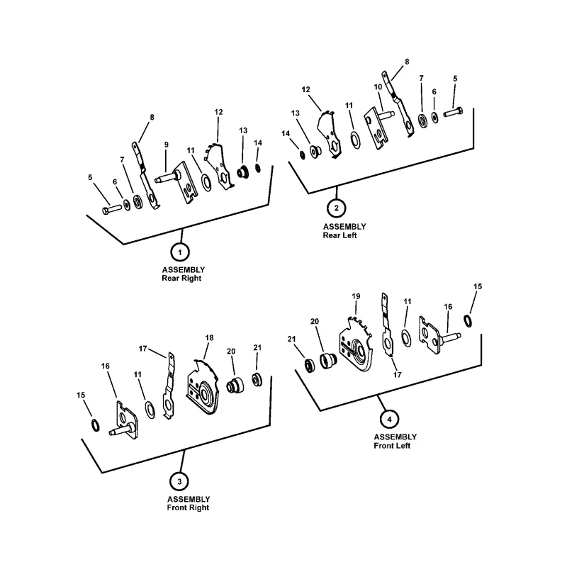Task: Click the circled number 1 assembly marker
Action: pyautogui.click(x=180, y=252)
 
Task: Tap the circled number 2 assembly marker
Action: pyautogui.click(x=336, y=208)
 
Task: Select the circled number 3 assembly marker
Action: pyautogui.click(x=180, y=481)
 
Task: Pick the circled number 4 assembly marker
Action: pyautogui.click(x=389, y=420)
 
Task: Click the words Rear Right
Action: pyautogui.click(x=181, y=278)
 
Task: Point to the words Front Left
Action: pyautogui.click(x=392, y=446)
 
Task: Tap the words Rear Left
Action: pyautogui.click(x=340, y=235)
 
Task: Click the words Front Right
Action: pyautogui.click(x=188, y=507)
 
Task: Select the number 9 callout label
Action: pyautogui.click(x=167, y=145)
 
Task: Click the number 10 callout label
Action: pyautogui.click(x=378, y=86)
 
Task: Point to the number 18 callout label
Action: pyautogui.click(x=209, y=338)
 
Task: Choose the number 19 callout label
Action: pyautogui.click(x=356, y=296)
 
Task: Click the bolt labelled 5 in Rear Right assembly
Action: pyautogui.click(x=112, y=209)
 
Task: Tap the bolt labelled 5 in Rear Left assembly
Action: pyautogui.click(x=453, y=112)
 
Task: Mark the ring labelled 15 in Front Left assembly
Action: pyautogui.click(x=468, y=321)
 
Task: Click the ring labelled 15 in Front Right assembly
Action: pyautogui.click(x=95, y=425)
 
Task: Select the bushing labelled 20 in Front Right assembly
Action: pyautogui.click(x=235, y=386)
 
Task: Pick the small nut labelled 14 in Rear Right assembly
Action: pyautogui.click(x=258, y=168)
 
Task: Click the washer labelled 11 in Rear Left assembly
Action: pyautogui.click(x=356, y=140)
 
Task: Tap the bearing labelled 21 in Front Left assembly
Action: pyautogui.click(x=310, y=366)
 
